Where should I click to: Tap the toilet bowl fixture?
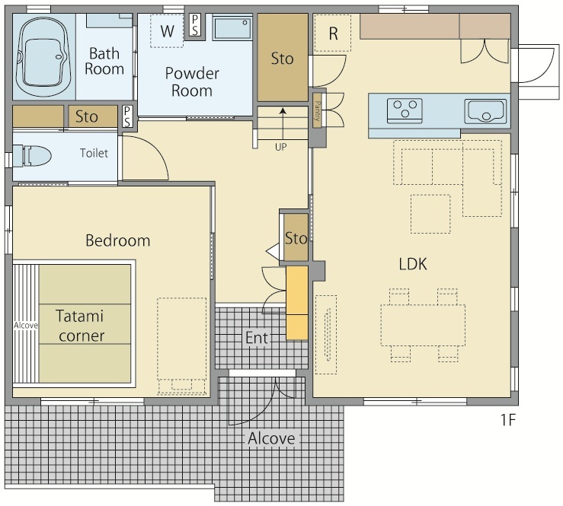point(31,156)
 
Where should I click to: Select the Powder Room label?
point(192,81)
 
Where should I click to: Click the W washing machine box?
point(167,31)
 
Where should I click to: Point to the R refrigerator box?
point(333,33)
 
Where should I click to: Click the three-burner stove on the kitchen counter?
point(405,110)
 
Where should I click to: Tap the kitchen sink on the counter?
point(485,111)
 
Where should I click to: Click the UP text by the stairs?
point(281,147)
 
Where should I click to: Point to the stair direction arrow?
point(283,124)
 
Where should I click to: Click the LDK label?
point(413,264)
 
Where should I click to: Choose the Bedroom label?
point(118,240)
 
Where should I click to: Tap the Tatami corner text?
point(81,326)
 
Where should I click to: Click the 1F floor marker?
point(508,419)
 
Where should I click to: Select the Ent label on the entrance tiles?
point(257,338)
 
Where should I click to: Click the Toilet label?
point(94,153)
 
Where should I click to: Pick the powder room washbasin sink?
point(232,27)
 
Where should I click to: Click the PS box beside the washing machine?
point(194,25)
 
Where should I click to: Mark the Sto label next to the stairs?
point(282,59)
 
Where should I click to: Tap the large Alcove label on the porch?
point(271,438)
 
